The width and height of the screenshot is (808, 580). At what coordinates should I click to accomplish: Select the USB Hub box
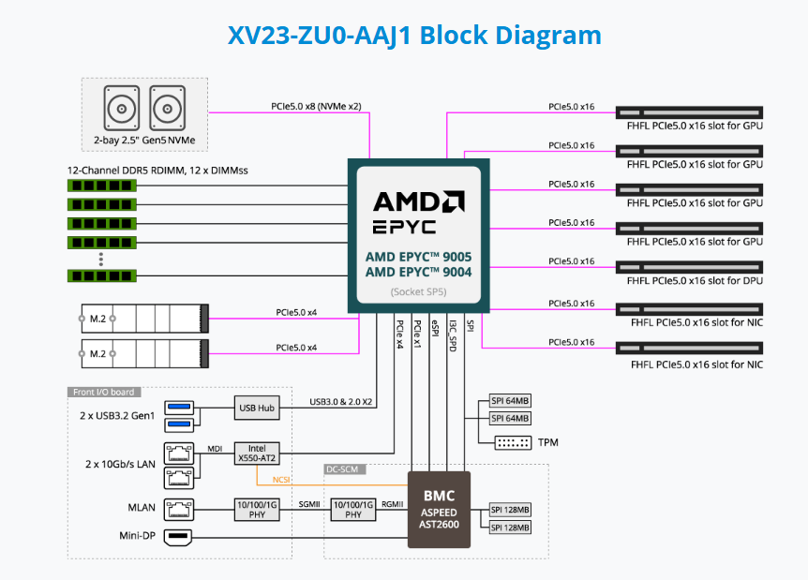pyautogui.click(x=258, y=408)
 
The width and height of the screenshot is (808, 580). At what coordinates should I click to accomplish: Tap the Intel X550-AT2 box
pyautogui.click(x=257, y=454)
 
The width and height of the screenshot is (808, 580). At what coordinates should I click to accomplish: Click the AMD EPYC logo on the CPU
pyautogui.click(x=419, y=213)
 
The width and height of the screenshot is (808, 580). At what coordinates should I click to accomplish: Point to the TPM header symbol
pyautogui.click(x=512, y=441)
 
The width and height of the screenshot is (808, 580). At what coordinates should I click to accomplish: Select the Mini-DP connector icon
pyautogui.click(x=177, y=538)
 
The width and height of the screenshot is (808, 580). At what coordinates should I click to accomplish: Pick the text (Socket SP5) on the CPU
pyautogui.click(x=419, y=292)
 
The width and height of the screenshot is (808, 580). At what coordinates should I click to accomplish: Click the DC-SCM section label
pyautogui.click(x=345, y=468)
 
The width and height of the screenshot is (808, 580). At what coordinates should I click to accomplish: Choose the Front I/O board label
pyautogui.click(x=101, y=393)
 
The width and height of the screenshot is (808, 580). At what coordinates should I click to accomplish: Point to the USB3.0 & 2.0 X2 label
pyautogui.click(x=341, y=403)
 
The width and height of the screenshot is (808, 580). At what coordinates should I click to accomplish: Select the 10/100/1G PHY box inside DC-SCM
pyautogui.click(x=352, y=510)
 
